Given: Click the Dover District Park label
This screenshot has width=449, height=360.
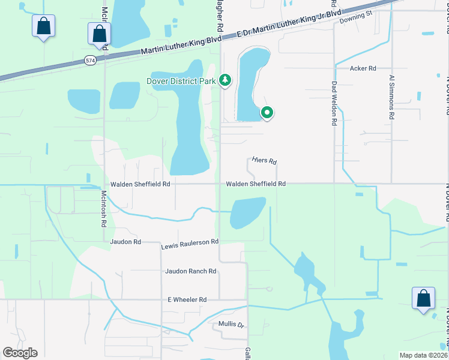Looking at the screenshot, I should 180,82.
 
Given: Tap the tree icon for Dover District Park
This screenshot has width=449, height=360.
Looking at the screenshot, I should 225,80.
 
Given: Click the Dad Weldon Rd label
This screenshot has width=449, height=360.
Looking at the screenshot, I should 334,103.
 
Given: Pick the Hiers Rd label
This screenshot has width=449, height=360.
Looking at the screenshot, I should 264,161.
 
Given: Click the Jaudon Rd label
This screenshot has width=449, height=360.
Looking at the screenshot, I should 125,242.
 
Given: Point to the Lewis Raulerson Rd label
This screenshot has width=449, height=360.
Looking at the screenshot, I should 190,244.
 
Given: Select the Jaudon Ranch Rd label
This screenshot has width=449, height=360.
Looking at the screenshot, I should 191,271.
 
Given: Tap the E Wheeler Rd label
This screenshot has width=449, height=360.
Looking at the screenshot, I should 187,299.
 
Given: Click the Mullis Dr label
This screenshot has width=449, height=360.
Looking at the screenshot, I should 232,325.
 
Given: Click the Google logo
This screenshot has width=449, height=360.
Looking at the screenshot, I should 20,353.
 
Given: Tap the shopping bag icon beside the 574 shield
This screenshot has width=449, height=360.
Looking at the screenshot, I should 99,35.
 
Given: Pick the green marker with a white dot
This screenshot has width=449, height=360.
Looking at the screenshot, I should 267,112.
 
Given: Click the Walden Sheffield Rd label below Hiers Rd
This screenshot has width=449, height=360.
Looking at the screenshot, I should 255,184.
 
